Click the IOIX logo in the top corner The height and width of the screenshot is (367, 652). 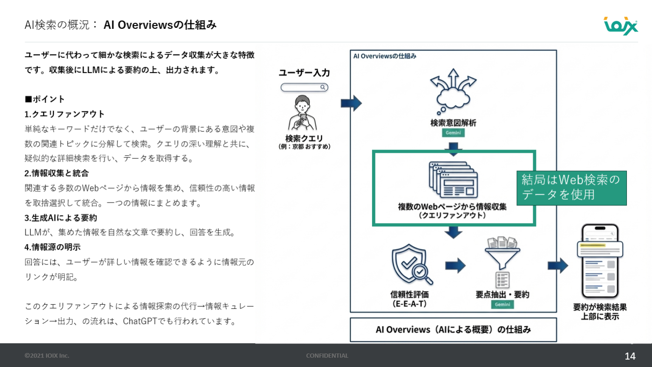pyautogui.click(x=621, y=26)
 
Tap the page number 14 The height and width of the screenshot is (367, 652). pyautogui.click(x=630, y=356)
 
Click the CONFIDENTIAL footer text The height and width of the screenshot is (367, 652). pyautogui.click(x=327, y=356)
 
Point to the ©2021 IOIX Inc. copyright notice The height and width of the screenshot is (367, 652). pyautogui.click(x=47, y=356)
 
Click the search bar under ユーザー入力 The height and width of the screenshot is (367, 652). pyautogui.click(x=304, y=87)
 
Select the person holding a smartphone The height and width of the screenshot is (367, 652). pyautogui.click(x=302, y=113)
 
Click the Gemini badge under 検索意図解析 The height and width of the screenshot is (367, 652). pyautogui.click(x=453, y=133)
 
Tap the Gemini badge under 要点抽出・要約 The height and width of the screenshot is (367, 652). pyautogui.click(x=503, y=305)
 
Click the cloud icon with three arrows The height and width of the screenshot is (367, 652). pyautogui.click(x=453, y=91)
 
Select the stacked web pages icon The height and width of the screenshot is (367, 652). pyautogui.click(x=453, y=180)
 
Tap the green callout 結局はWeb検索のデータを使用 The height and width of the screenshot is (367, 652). pyautogui.click(x=572, y=188)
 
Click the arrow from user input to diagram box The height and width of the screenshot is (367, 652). pyautogui.click(x=351, y=103)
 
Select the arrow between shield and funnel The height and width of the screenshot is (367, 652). pyautogui.click(x=455, y=265)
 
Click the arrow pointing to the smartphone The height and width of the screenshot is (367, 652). pyautogui.click(x=558, y=265)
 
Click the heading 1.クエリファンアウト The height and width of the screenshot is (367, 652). pyautogui.click(x=64, y=114)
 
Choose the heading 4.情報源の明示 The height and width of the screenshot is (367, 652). pyautogui.click(x=52, y=247)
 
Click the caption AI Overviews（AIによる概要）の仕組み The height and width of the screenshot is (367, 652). pyautogui.click(x=453, y=330)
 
